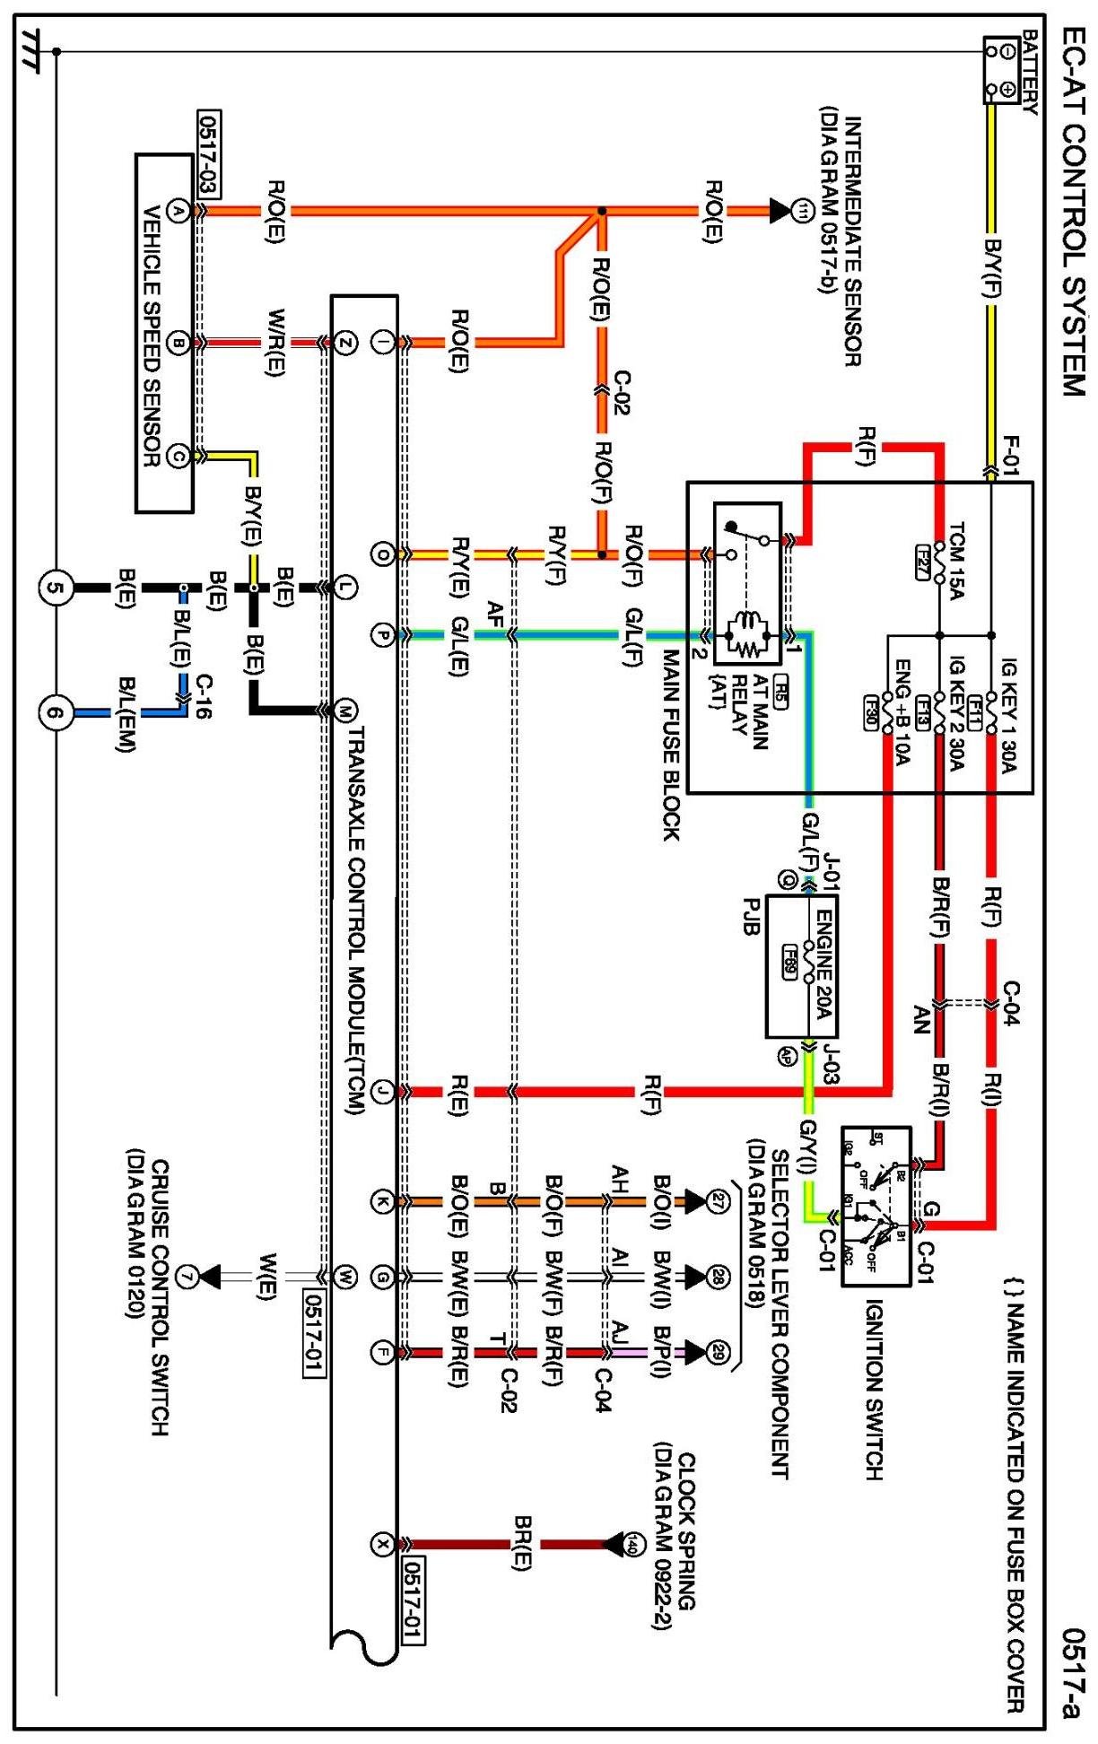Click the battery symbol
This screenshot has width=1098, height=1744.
pos(1002,70)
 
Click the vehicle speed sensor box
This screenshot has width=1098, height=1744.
pos(164,333)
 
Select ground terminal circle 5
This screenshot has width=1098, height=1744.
pos(56,589)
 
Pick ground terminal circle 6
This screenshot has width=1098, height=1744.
pos(56,713)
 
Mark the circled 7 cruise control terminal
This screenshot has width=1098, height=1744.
pos(186,1276)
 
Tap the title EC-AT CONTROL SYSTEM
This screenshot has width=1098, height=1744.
pos(1072,211)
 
